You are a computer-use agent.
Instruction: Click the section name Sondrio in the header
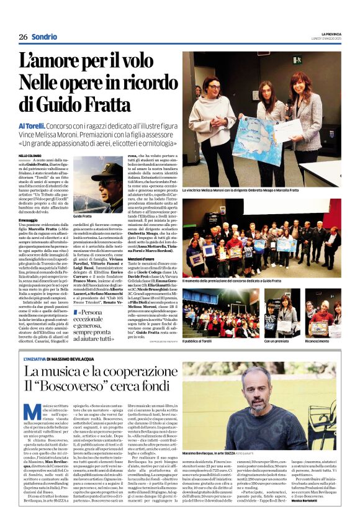(x=44, y=37)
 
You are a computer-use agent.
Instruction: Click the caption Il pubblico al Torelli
(x=205, y=341)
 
